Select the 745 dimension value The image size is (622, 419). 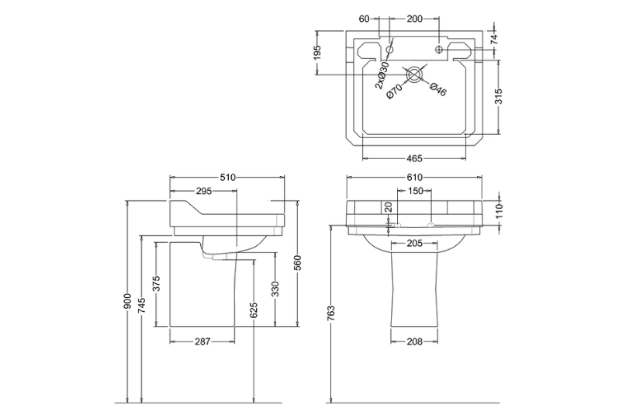tap(143, 306)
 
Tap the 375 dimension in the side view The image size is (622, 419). tap(157, 285)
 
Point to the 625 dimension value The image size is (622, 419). tap(254, 312)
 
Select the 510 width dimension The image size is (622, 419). tap(227, 178)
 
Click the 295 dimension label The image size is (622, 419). tap(203, 191)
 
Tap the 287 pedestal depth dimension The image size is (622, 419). tap(202, 341)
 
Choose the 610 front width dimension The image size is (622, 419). tap(415, 178)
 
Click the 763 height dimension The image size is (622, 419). tap(332, 312)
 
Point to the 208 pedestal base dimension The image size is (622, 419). tap(413, 341)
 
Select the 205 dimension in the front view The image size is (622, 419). tap(413, 243)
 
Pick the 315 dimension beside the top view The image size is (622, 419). tap(499, 96)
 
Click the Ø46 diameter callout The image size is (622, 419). tap(437, 90)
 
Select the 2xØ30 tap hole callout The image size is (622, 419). tap(381, 76)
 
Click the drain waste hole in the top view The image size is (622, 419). tap(415, 74)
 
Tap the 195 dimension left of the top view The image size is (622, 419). tap(319, 54)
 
